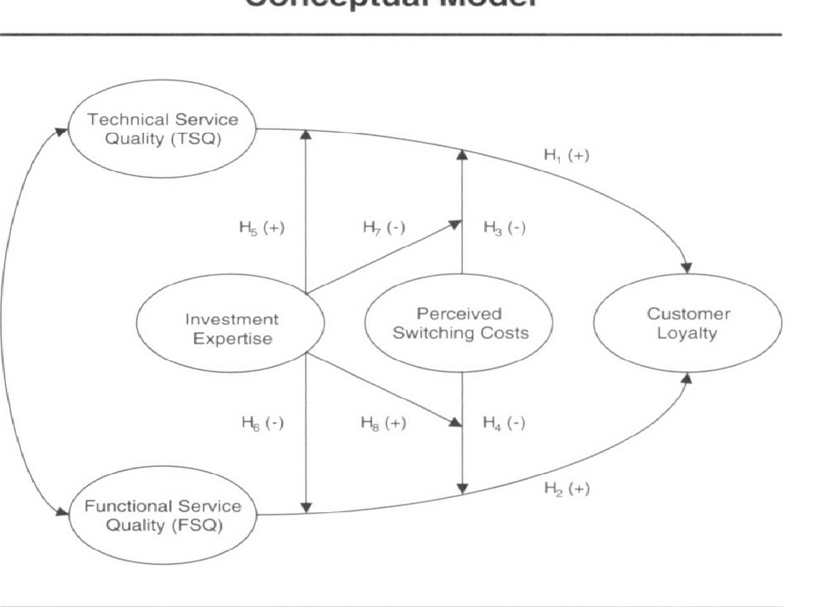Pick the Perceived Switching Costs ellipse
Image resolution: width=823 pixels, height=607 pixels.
click(x=460, y=323)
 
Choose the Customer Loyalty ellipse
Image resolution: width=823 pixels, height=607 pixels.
click(x=687, y=323)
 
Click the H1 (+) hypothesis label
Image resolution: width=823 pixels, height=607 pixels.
click(x=566, y=157)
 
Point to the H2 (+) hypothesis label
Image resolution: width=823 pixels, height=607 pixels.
click(x=566, y=489)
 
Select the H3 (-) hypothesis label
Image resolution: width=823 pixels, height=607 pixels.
click(x=503, y=228)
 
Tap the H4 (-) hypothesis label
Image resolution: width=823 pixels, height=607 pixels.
click(x=503, y=423)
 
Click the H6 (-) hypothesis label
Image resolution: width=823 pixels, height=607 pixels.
click(x=262, y=423)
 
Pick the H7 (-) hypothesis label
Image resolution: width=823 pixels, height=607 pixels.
click(x=383, y=228)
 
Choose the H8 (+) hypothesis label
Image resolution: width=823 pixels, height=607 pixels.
click(x=383, y=423)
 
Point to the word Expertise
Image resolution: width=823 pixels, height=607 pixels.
click(x=233, y=338)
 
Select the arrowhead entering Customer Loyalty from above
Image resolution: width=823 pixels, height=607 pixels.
click(x=687, y=269)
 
